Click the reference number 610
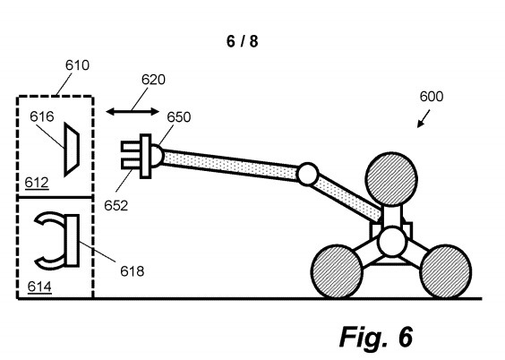pyautogui.click(x=77, y=65)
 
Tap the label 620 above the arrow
pyautogui.click(x=153, y=80)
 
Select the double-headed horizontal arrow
pyautogui.click(x=133, y=112)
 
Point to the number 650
pyautogui.click(x=179, y=117)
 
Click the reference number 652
pyautogui.click(x=116, y=206)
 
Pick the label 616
pyautogui.click(x=42, y=116)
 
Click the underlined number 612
pyautogui.click(x=37, y=183)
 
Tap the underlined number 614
pyautogui.click(x=39, y=287)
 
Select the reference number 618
pyautogui.click(x=132, y=271)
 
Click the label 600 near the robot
pyautogui.click(x=432, y=97)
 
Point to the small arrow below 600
pyautogui.click(x=424, y=118)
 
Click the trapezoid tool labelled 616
pyautogui.click(x=72, y=150)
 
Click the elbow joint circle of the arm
pyautogui.click(x=308, y=174)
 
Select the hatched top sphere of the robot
pyautogui.click(x=391, y=179)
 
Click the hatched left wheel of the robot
pyautogui.click(x=337, y=271)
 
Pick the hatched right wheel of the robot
pyautogui.click(x=446, y=271)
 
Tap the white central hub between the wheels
pyautogui.click(x=392, y=241)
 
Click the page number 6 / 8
pyautogui.click(x=242, y=41)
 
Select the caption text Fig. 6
pyautogui.click(x=376, y=337)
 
